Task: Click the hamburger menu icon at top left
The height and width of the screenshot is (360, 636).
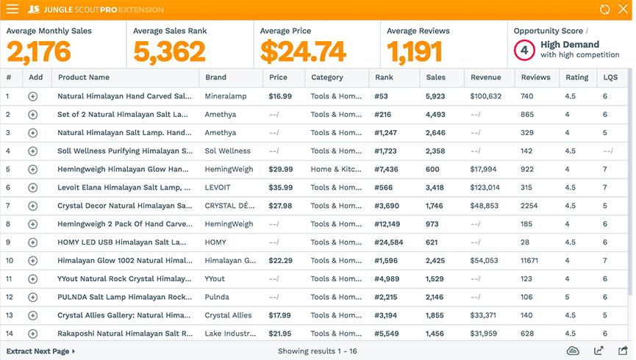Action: click(x=12, y=10)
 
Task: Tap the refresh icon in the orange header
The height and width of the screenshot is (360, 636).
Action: click(x=604, y=10)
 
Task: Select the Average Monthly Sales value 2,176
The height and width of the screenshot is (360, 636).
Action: click(x=39, y=51)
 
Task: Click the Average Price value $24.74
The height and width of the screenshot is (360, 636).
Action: click(x=303, y=51)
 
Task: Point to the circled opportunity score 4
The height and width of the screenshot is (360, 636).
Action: click(x=523, y=50)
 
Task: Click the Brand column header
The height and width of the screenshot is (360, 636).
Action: click(x=215, y=77)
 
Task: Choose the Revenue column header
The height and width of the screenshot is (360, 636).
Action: click(x=485, y=77)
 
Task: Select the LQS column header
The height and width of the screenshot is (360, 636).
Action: click(x=610, y=77)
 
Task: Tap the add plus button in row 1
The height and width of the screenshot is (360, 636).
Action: click(x=32, y=96)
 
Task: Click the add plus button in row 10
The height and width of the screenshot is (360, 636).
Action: click(x=32, y=261)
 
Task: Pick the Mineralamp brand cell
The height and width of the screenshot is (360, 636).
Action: click(x=226, y=96)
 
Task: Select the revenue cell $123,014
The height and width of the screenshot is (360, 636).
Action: click(x=485, y=187)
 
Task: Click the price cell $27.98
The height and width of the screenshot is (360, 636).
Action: click(x=280, y=206)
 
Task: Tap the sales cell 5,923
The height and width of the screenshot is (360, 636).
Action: click(x=435, y=96)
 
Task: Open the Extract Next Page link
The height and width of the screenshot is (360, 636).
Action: click(x=40, y=351)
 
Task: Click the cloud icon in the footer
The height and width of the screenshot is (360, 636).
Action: click(x=574, y=351)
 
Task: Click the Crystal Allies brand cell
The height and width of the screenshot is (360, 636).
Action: click(x=228, y=315)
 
